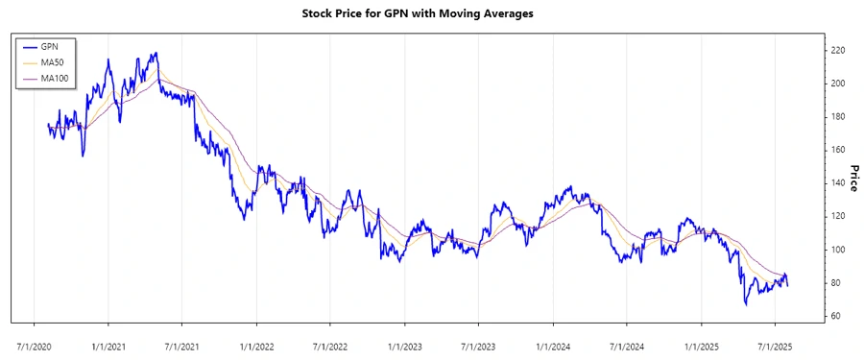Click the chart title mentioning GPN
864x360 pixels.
click(431, 13)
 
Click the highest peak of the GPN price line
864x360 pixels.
click(156, 53)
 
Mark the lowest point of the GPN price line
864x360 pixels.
click(746, 304)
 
